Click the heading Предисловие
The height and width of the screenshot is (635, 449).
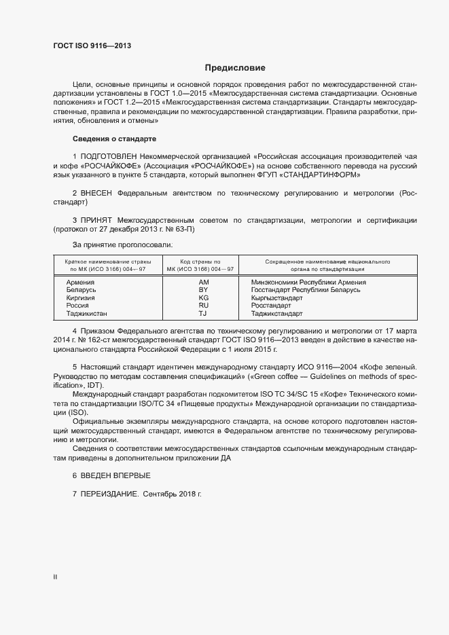[235, 68]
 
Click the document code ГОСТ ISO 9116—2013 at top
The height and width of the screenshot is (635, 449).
[92, 46]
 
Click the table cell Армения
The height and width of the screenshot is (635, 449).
[80, 282]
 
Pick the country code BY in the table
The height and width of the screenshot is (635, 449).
[203, 290]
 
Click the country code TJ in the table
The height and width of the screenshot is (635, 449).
[202, 314]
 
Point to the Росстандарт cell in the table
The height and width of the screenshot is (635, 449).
[271, 306]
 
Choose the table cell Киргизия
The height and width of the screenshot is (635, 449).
[81, 298]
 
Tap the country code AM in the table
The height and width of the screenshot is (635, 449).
[203, 282]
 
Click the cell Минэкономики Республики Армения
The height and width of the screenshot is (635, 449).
[308, 282]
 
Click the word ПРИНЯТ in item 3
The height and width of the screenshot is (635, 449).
[96, 221]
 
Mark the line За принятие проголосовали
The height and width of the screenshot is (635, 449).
[122, 244]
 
